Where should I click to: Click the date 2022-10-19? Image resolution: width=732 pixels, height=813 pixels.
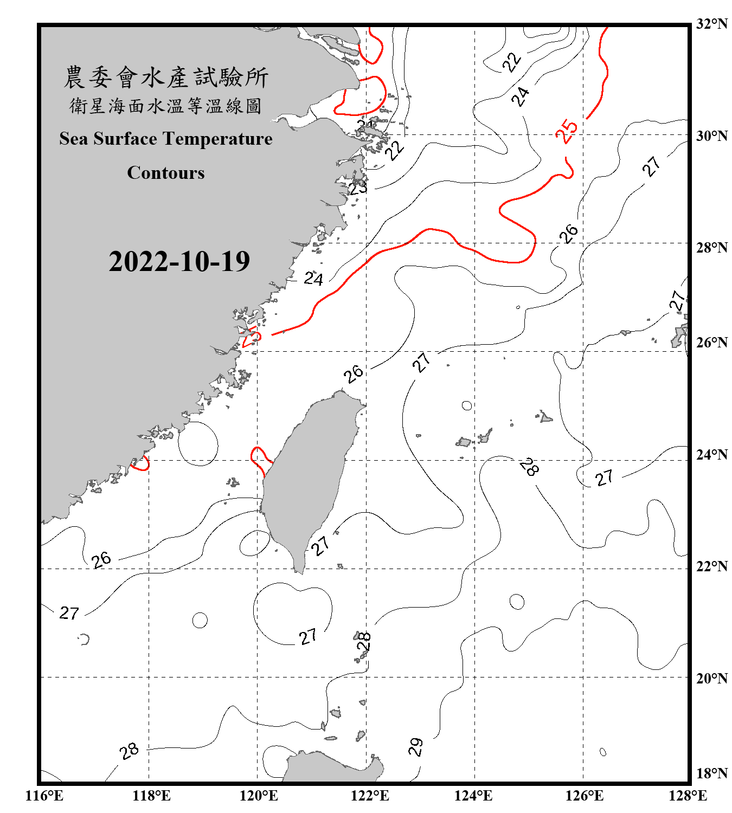pos(179,261)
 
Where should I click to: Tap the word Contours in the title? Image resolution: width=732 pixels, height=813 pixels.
pos(166,172)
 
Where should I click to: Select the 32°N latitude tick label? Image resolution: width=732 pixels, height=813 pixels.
pos(711,24)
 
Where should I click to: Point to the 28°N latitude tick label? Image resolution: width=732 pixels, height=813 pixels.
pos(711,248)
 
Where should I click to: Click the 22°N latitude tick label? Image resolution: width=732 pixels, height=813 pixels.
pos(711,566)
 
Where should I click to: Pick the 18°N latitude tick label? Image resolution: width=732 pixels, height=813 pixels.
pos(711,773)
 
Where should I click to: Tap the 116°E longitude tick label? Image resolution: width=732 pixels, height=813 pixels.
pos(44,796)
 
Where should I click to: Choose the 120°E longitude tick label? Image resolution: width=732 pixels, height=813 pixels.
pos(259,796)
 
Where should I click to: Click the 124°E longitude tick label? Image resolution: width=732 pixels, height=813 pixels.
pos(473,796)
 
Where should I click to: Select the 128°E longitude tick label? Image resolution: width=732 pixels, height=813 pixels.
pos(688,796)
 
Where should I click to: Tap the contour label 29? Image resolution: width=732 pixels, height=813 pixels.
pos(416,747)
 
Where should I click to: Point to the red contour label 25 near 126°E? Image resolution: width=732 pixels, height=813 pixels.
pos(567,131)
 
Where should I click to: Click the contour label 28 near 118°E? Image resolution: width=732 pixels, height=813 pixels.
pos(129,751)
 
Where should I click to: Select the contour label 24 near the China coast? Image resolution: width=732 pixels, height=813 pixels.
pos(313,279)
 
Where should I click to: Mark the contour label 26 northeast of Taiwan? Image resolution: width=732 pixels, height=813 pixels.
pos(354,373)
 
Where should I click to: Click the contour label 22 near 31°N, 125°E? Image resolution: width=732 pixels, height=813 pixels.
pos(512,62)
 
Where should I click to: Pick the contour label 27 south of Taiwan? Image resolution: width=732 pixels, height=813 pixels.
pos(308,636)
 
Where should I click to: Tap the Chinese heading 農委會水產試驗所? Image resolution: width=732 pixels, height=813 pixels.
pos(166,78)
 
